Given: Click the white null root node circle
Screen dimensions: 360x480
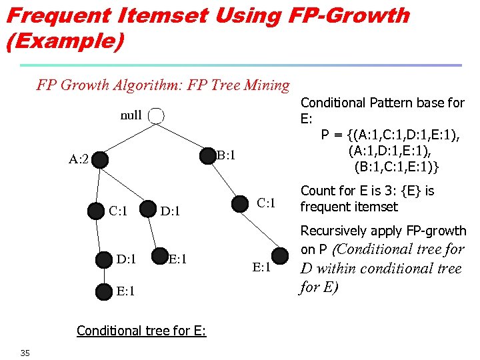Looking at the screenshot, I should coord(155,116).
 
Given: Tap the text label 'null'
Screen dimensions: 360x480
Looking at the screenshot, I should coord(131,115).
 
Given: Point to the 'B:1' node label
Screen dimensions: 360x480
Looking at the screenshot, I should coord(227,155).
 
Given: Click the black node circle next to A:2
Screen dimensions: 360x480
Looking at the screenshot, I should coord(101,160).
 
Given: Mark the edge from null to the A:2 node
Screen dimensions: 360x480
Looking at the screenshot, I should coord(127,139).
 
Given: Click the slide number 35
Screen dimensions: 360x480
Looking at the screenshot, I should coord(25,353).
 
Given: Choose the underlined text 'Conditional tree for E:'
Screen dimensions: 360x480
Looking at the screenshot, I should coord(141,331).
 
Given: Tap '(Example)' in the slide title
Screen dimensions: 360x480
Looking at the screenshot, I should coord(65,41).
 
